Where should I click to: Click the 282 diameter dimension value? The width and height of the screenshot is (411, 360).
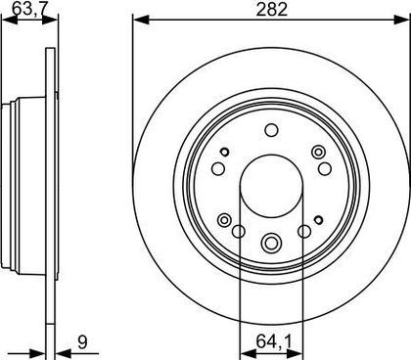tap(271, 10)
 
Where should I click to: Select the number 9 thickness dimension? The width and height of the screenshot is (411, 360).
tap(83, 342)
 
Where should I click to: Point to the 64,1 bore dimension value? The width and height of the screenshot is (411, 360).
tap(274, 341)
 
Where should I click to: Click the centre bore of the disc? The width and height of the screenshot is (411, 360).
tap(272, 186)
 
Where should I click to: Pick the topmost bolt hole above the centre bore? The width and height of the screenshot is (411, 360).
tap(271, 130)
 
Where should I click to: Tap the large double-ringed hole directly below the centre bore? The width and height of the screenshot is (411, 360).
tap(271, 243)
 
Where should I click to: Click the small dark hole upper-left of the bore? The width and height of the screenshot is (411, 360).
tap(225, 152)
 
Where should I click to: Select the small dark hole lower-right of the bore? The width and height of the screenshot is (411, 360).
tap(318, 220)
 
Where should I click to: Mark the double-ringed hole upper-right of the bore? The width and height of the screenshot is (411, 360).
tap(318, 152)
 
